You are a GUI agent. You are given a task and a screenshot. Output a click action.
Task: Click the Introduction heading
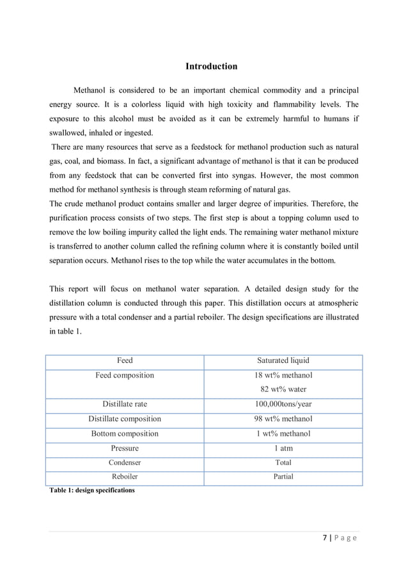pos(211,66)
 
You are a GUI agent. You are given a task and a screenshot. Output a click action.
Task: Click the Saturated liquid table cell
pos(283,361)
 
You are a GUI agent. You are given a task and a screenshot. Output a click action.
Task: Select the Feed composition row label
pos(125,375)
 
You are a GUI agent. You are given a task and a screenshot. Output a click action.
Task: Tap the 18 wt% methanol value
pos(283,375)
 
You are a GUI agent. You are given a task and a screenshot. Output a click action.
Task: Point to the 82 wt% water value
pos(283,389)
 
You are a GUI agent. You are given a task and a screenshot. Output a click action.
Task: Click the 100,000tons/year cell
pos(283,404)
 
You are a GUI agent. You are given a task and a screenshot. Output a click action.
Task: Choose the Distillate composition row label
pos(125,419)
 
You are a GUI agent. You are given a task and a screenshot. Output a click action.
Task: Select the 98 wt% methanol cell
pos(283,419)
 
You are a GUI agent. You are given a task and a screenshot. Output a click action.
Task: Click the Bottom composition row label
pos(125,433)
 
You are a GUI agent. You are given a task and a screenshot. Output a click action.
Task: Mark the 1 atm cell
pos(283,448)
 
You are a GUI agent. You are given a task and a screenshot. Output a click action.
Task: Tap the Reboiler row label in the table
pos(125,477)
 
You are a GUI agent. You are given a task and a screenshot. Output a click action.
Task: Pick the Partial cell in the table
pos(283,477)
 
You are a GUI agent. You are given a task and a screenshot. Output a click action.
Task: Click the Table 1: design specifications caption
pos(91,490)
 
